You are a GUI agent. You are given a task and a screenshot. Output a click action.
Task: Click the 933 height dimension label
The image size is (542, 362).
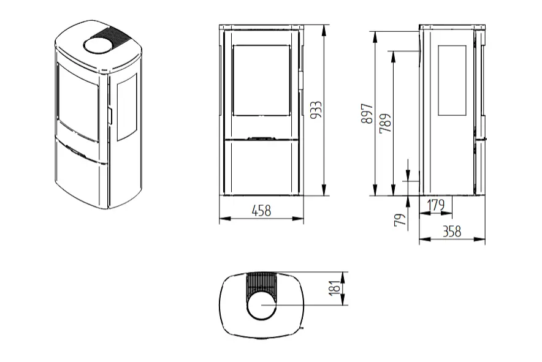tap(316, 110)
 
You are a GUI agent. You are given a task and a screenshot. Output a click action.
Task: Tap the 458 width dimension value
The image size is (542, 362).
tap(262, 210)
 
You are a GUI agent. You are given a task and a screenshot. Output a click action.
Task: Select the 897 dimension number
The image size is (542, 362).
tap(367, 113)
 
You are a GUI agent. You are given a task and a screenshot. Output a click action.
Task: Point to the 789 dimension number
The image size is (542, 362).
tap(386, 123)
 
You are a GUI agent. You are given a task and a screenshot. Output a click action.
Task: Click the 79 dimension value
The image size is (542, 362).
tap(400, 220)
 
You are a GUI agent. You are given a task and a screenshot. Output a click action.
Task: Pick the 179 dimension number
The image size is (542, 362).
tap(435, 205)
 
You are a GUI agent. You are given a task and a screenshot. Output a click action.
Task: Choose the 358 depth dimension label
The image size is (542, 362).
tap(452, 231)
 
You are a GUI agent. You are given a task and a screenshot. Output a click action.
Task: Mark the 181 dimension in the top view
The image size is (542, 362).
tap(335, 288)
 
